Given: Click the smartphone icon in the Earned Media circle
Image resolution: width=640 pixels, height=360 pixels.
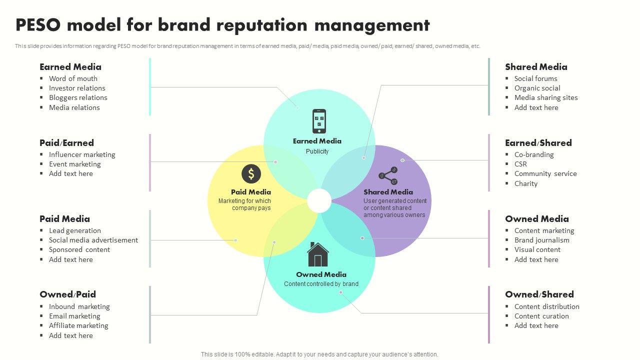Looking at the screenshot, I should (x=319, y=121).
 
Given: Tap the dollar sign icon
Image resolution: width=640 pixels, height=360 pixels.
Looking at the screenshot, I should (x=251, y=174).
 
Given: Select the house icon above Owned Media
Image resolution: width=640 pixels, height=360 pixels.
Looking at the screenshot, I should (x=318, y=254).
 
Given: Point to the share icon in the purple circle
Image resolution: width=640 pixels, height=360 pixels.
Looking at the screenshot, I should (x=388, y=176).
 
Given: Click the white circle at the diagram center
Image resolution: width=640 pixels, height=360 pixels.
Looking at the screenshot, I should (x=319, y=201).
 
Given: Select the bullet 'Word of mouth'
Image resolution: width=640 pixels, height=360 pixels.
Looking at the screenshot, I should (x=73, y=78).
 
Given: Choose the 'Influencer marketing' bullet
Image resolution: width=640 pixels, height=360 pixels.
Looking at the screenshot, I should (x=82, y=154).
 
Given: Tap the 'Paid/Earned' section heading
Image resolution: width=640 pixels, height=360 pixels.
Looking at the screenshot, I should (x=66, y=143).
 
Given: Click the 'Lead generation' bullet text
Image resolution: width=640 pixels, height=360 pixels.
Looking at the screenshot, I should (x=75, y=230).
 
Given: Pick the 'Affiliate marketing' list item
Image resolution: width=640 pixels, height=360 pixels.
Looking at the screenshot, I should (x=78, y=325).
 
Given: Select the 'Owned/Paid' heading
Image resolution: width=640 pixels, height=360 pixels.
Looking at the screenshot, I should (x=67, y=294).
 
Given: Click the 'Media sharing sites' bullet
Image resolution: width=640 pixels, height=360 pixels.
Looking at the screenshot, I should (x=546, y=97).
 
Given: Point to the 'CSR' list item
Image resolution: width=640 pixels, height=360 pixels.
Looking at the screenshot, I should (x=520, y=164).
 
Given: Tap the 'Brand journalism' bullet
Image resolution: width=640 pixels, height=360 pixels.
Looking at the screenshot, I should (x=542, y=240).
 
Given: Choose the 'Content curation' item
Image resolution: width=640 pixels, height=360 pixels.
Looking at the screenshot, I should (x=541, y=316).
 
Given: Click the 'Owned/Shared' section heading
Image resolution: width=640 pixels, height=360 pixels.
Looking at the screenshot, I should (x=539, y=294).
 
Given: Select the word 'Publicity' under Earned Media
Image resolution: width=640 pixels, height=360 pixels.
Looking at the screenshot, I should (x=317, y=151).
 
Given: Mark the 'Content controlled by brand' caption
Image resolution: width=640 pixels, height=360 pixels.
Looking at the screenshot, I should (x=321, y=284).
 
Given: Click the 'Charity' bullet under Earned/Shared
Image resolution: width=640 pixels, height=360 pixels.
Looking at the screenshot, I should (x=526, y=183).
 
